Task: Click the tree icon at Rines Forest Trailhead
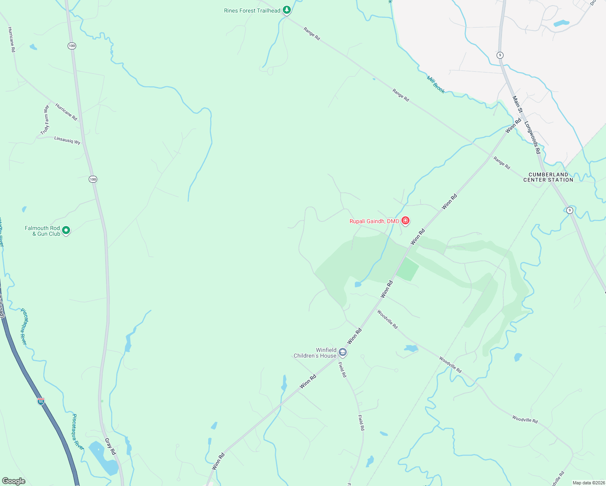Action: pyautogui.click(x=287, y=10)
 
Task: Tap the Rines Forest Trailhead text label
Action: pyautogui.click(x=252, y=11)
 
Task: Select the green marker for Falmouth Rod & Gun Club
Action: pyautogui.click(x=66, y=230)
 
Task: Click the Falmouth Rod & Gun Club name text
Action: pyautogui.click(x=42, y=231)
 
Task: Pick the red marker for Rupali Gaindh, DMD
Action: pyautogui.click(x=405, y=221)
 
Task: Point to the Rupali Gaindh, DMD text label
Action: pyautogui.click(x=374, y=221)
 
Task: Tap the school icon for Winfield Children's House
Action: pyautogui.click(x=343, y=352)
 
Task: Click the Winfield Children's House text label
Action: pyautogui.click(x=315, y=353)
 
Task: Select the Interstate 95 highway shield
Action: pyautogui.click(x=41, y=401)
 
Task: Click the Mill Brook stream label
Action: pyautogui.click(x=436, y=84)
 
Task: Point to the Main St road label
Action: pyautogui.click(x=518, y=104)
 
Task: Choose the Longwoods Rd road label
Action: pyautogui.click(x=533, y=137)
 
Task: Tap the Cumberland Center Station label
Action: pyautogui.click(x=548, y=177)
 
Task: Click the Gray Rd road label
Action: pyautogui.click(x=110, y=446)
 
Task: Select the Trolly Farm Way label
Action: pyautogui.click(x=45, y=120)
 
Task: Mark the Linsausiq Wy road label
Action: pyautogui.click(x=67, y=140)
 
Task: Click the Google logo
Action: pyautogui.click(x=13, y=481)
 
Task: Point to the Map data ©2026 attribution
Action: pyautogui.click(x=588, y=483)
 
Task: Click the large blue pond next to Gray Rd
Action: pyautogui.click(x=103, y=458)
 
